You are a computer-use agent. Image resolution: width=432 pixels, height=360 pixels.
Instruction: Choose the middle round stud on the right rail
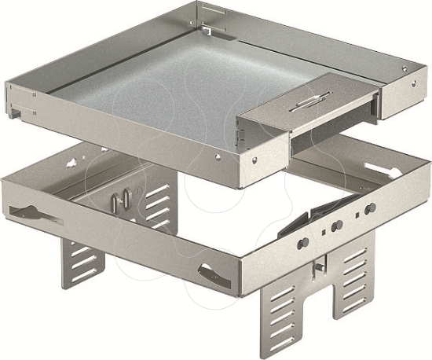click(x=335, y=225)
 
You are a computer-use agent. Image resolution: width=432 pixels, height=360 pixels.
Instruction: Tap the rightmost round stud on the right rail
click(x=368, y=209)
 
